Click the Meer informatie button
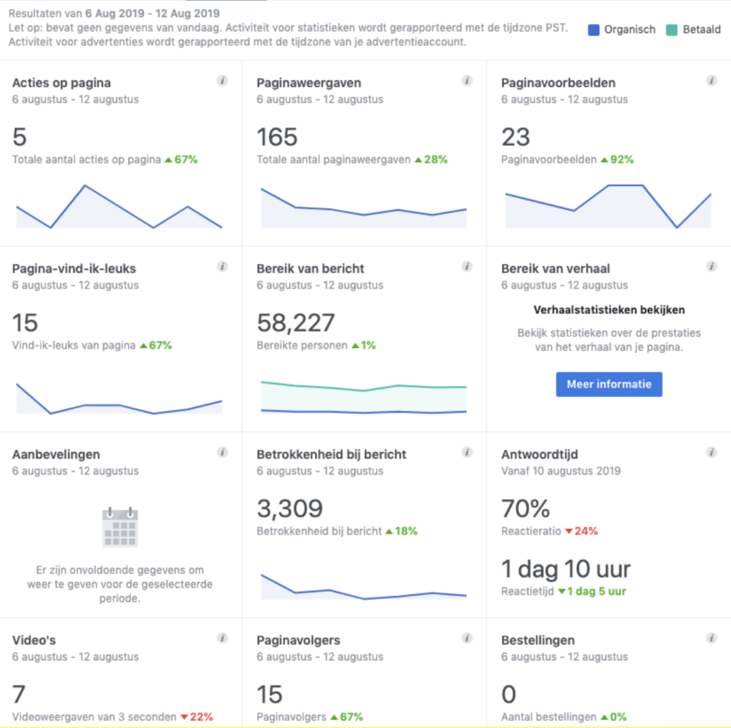point(609,384)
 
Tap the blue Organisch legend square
point(593,30)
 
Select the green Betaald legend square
point(671,30)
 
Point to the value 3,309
point(289,508)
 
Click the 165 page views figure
point(277,137)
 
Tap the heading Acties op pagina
point(61,83)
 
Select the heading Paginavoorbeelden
point(558,83)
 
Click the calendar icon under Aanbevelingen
point(120,527)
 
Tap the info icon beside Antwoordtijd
point(711,452)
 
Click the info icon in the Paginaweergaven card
point(467,81)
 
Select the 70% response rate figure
point(525,508)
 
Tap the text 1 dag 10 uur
point(566,569)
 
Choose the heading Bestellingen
point(538,640)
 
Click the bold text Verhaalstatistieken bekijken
point(609,310)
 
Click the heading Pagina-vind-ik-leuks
point(74,269)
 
